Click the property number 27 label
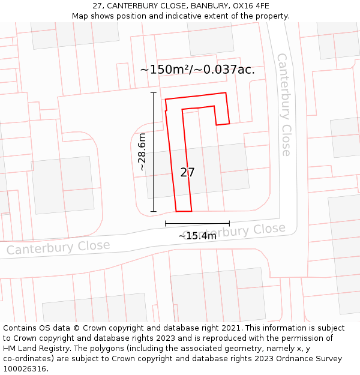click(187, 173)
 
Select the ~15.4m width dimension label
click(197, 236)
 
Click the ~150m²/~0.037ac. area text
click(197, 70)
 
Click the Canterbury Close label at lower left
click(58, 247)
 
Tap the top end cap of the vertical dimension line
click(154, 92)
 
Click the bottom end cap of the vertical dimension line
click(154, 211)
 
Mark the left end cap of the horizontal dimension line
click(166, 224)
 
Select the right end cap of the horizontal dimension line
click(229, 224)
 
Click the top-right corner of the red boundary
click(226, 93)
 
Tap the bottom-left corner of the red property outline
click(176, 211)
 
